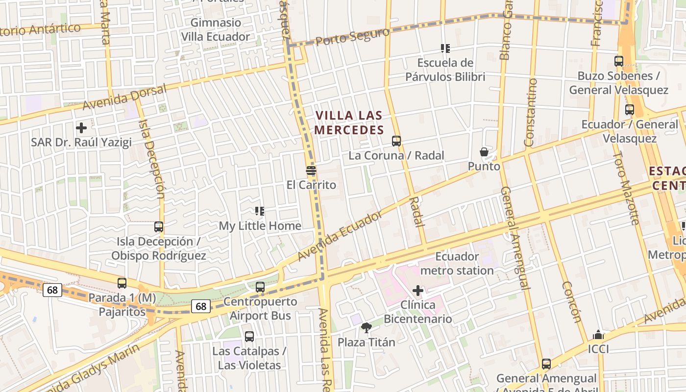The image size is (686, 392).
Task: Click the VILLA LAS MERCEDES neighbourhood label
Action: [349, 122]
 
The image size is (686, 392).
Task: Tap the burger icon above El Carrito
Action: [311, 171]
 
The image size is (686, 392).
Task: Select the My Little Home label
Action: [260, 226]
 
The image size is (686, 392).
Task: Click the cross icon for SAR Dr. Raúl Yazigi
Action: [81, 128]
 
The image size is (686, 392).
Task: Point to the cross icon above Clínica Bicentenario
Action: [418, 291]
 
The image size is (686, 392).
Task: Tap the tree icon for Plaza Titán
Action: [366, 328]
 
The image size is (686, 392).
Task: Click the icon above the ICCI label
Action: [598, 335]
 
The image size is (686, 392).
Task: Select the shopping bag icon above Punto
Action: [484, 152]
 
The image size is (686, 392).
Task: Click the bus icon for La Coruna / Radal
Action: [396, 141]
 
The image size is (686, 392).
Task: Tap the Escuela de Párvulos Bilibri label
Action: [445, 70]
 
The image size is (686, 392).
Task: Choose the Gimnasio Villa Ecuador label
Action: [216, 29]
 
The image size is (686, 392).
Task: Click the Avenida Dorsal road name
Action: [124, 97]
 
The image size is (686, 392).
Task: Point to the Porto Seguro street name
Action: [352, 36]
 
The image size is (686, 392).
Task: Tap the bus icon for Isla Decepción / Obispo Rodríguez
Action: [159, 227]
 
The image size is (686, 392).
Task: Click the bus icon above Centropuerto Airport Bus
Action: [260, 287]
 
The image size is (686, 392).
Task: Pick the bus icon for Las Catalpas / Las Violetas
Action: [249, 337]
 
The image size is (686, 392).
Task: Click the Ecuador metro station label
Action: [457, 263]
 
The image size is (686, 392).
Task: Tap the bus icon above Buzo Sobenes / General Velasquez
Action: [619, 61]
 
